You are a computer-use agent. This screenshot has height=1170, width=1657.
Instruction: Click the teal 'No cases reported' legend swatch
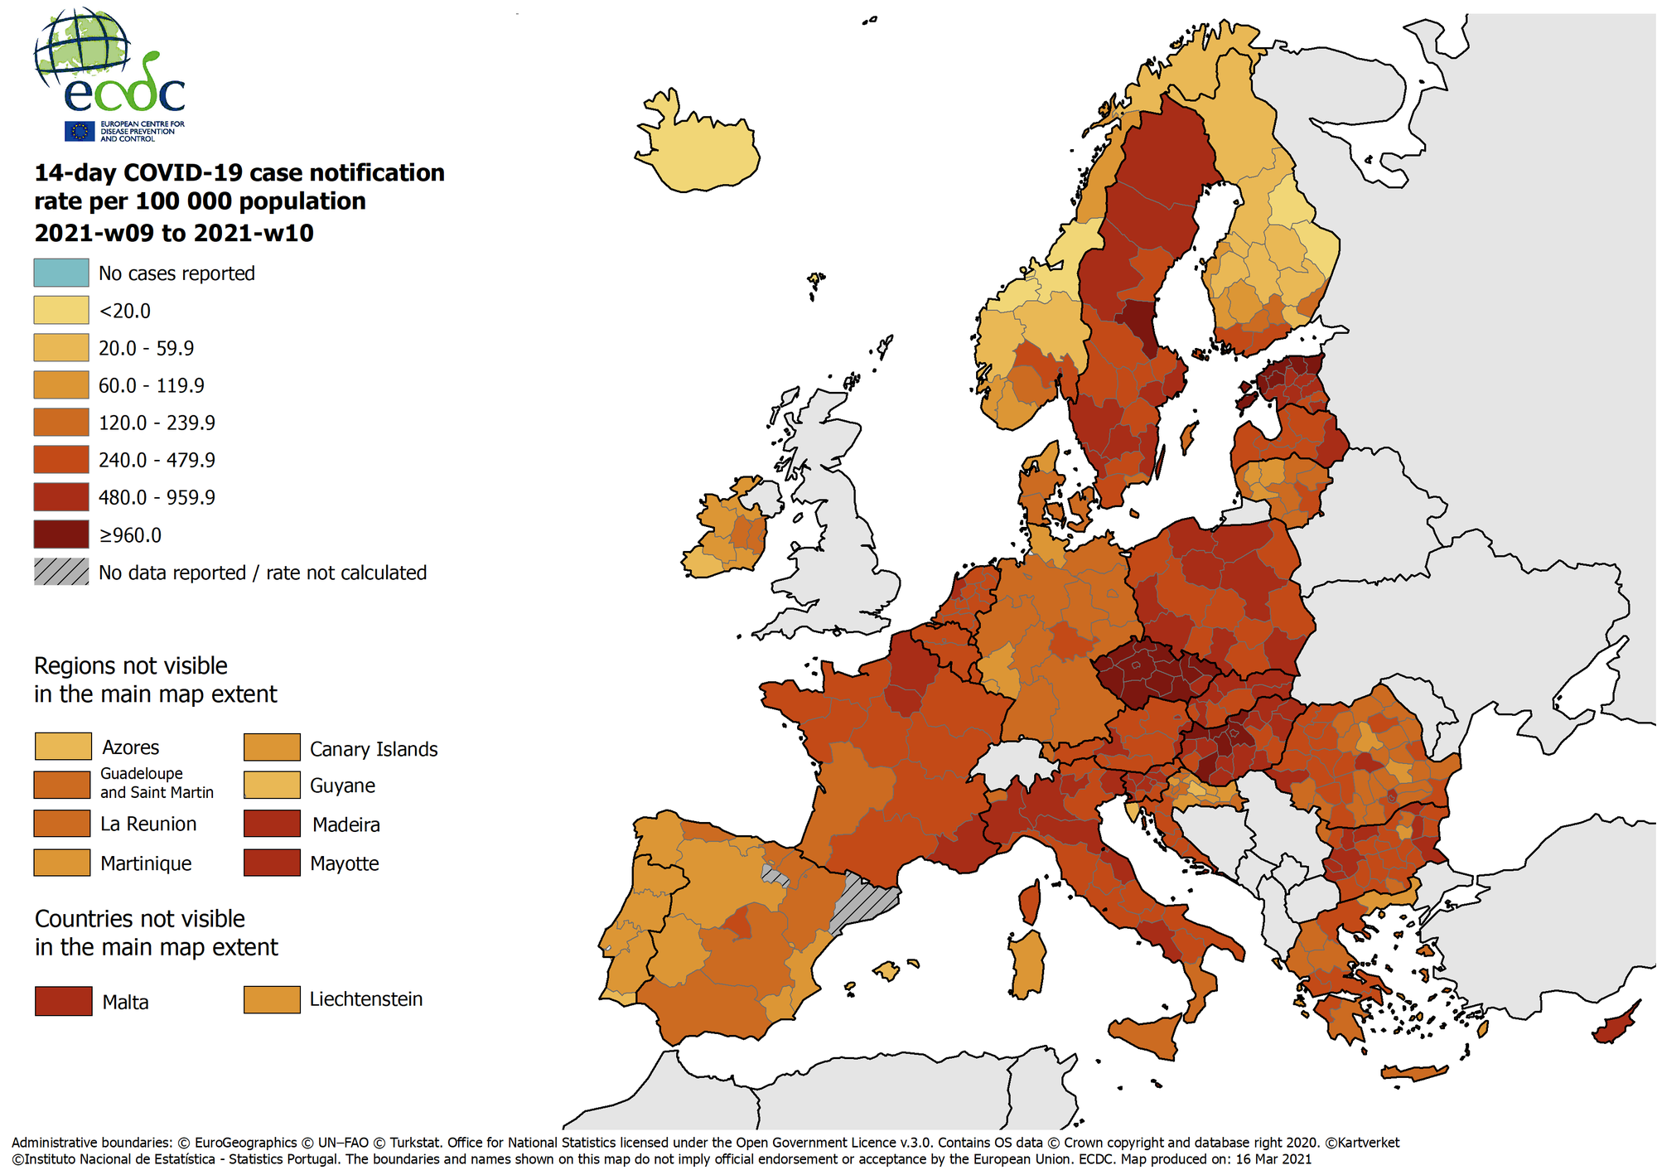click(61, 273)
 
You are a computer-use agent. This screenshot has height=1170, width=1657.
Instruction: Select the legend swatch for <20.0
click(61, 310)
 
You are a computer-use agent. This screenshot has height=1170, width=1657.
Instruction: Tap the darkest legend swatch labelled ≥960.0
click(61, 534)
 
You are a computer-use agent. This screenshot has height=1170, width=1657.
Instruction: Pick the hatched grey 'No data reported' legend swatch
click(61, 572)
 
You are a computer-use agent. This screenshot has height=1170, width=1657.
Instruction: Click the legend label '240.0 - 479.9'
click(157, 460)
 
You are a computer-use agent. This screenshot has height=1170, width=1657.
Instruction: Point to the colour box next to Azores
click(63, 747)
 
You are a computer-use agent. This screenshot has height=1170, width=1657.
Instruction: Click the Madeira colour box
click(272, 824)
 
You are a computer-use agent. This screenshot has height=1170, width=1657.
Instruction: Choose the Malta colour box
click(63, 1001)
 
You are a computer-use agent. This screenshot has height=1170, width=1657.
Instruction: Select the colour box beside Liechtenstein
click(272, 999)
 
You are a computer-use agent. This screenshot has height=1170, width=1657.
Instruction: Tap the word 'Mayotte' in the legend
click(344, 863)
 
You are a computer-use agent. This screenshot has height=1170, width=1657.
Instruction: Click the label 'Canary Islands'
click(374, 749)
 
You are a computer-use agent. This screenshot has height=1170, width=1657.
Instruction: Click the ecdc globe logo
click(83, 50)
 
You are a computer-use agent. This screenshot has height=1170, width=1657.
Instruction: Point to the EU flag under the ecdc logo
click(80, 131)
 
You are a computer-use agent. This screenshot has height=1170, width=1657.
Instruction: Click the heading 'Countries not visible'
click(140, 919)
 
